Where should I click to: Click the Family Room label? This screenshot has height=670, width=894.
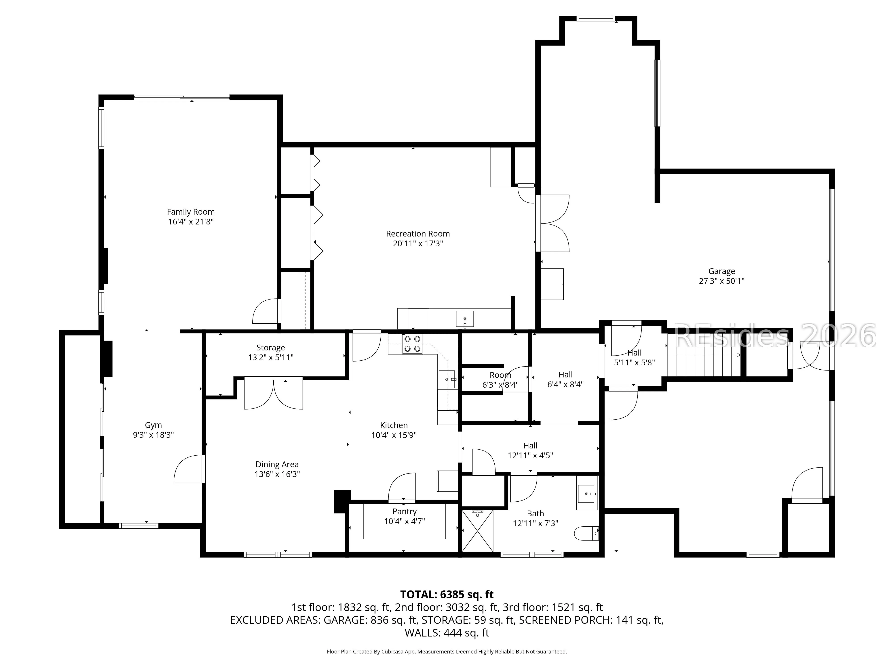[191, 212]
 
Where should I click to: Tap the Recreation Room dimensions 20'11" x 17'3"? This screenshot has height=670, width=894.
[418, 243]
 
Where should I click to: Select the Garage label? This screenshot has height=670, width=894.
[721, 271]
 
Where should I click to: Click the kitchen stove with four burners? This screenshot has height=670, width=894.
[412, 344]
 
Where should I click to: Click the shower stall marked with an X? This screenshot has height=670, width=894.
[477, 531]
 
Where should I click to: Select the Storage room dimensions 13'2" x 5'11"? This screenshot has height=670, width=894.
[271, 357]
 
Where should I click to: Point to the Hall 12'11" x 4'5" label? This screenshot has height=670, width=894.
[530, 450]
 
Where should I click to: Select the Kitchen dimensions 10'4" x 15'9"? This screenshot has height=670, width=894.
[394, 435]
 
